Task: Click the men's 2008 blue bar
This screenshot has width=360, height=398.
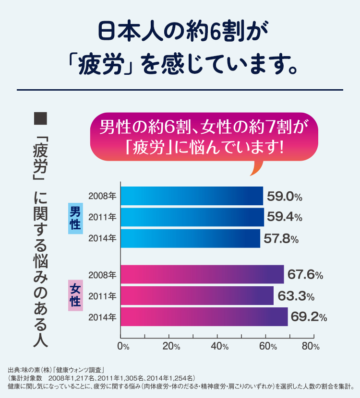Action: (x=192, y=196)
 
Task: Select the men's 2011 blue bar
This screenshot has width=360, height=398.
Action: (x=192, y=217)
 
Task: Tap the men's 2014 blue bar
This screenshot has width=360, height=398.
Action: (x=190, y=238)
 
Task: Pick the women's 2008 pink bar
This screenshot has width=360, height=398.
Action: (x=202, y=275)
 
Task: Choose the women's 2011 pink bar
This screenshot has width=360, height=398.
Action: (x=197, y=296)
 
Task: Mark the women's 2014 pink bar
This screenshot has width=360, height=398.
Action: (x=204, y=317)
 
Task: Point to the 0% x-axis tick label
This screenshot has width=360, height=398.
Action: (x=123, y=346)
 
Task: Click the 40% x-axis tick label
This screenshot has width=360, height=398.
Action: (x=218, y=346)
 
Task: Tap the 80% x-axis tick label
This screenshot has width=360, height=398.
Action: (x=312, y=346)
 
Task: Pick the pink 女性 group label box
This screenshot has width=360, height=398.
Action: (x=76, y=296)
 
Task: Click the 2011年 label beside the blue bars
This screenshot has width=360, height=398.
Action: (x=102, y=217)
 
